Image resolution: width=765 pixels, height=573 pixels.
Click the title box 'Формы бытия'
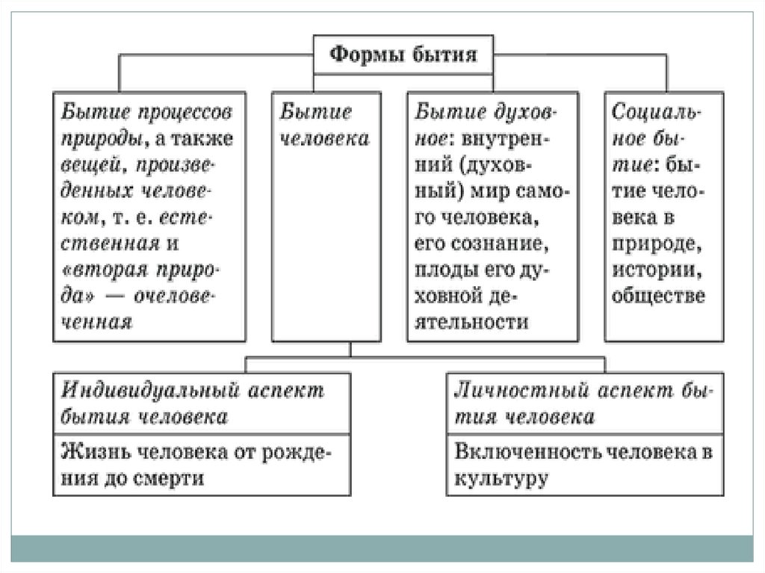(404, 55)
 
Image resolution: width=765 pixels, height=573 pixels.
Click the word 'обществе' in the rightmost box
(657, 296)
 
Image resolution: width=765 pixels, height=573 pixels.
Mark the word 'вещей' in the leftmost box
(87, 164)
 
